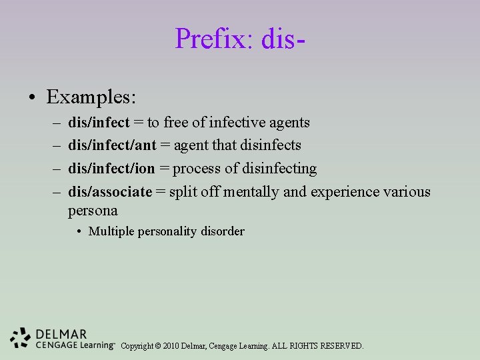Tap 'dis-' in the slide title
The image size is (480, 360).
(284, 39)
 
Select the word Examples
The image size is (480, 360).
(91, 97)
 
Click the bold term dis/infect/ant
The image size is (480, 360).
(112, 145)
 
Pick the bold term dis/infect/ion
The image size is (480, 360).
(111, 169)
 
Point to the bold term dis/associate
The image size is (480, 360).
(110, 192)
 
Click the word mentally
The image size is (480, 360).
(251, 192)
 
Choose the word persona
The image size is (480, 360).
(93, 211)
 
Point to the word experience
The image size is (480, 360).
(343, 192)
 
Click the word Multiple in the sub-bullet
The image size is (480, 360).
(111, 232)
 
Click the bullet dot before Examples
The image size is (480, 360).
(32, 98)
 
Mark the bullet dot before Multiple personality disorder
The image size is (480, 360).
(79, 232)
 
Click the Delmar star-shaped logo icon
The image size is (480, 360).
(21, 338)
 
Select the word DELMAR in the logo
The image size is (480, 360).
(62, 334)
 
